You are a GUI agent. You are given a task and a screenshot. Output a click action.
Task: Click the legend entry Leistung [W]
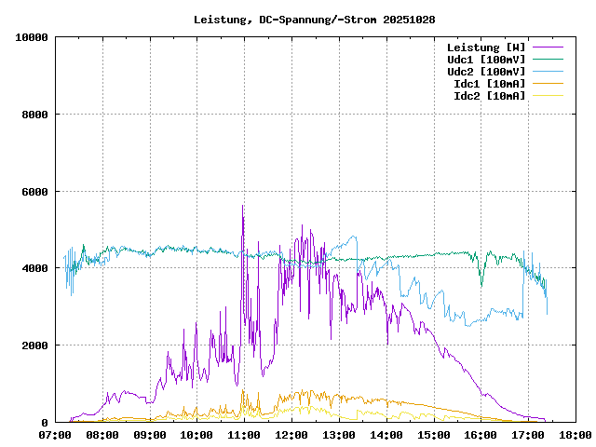485,47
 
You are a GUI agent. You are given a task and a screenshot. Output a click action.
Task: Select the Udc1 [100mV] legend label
485,59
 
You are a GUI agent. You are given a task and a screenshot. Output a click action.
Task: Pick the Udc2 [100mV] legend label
485,71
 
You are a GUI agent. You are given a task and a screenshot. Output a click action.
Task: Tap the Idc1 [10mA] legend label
488,83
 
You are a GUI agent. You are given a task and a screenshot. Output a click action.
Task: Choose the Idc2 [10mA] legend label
488,95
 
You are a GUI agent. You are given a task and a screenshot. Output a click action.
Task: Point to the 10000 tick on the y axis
32,37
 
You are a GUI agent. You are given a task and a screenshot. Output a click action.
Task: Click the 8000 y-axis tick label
34,115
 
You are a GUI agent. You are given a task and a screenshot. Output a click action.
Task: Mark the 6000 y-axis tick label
34,192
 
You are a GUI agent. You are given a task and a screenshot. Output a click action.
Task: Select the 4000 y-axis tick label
34,268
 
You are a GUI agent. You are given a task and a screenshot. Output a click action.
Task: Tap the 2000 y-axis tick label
34,345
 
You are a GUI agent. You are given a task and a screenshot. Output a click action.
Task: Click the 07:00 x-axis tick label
55,435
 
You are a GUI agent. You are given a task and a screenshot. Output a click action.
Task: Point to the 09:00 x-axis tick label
150,435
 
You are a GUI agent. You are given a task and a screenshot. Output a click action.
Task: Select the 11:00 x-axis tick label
244,435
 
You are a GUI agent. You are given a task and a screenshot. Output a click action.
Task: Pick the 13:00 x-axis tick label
339,435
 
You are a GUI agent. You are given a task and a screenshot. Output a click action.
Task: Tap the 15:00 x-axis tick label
433,435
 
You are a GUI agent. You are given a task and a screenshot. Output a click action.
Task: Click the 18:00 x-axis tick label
575,435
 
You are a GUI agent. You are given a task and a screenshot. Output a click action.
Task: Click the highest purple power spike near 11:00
242,206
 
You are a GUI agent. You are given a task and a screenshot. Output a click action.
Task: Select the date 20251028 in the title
409,19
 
